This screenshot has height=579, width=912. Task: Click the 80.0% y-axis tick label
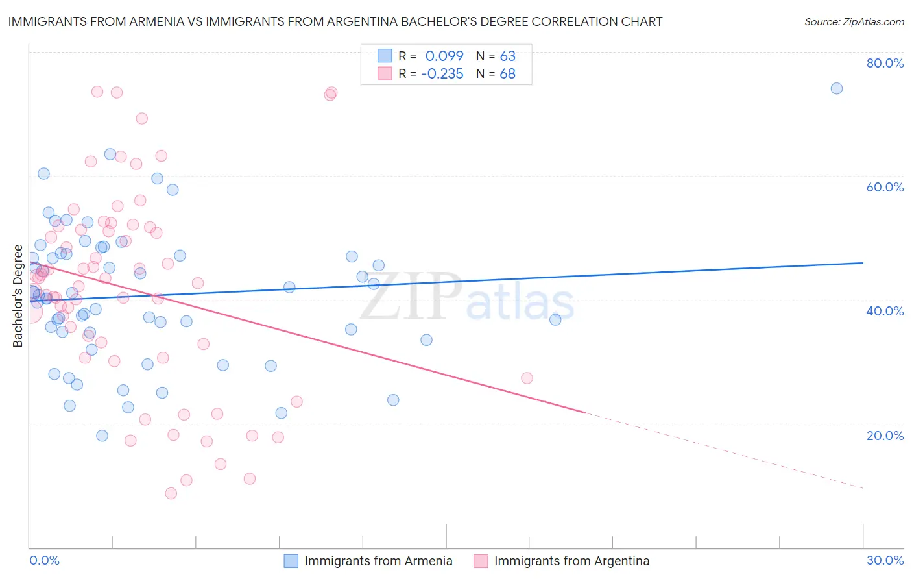[x=885, y=63]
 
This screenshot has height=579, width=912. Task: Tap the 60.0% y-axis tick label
[x=885, y=187]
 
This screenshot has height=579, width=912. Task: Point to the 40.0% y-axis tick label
[x=885, y=311]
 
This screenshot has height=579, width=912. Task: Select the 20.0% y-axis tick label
[x=885, y=436]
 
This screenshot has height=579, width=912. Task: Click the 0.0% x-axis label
[x=44, y=561]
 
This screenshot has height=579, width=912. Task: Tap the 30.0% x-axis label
[x=885, y=561]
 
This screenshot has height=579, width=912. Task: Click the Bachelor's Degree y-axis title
[x=18, y=296]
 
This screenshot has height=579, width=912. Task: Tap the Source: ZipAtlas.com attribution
[x=854, y=22]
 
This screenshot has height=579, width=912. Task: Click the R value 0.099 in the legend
[x=444, y=56]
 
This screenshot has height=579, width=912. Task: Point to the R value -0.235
[x=442, y=74]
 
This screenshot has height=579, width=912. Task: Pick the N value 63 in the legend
[x=507, y=56]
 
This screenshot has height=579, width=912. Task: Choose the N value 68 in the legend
[x=507, y=74]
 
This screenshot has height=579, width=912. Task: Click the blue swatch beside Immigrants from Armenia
[x=291, y=561]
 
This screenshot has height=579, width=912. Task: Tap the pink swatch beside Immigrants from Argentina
[x=480, y=561]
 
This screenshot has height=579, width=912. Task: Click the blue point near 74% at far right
[x=837, y=88]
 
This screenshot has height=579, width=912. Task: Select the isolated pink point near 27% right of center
[x=527, y=378]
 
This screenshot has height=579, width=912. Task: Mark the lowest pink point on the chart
[x=171, y=493]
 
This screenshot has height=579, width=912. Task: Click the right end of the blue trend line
[x=863, y=263]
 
